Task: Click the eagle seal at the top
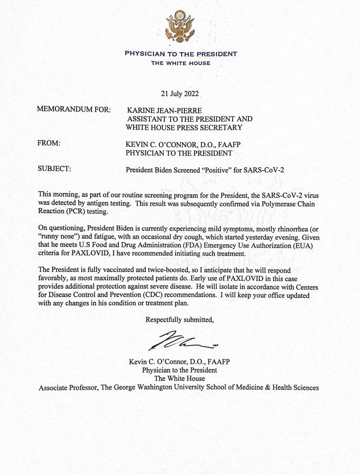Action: pos(180,27)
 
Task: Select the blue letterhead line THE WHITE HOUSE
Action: pos(181,63)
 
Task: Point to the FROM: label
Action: pos(48,144)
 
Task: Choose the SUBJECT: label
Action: pos(54,169)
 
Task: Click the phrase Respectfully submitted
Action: pos(179,320)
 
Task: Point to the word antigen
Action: pos(101,203)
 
